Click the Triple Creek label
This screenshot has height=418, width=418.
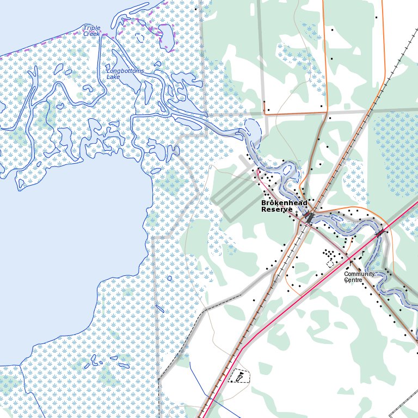point(92,30)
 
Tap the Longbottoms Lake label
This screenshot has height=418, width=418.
point(125,74)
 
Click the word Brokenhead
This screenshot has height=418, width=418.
point(284,203)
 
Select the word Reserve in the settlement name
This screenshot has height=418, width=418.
point(276,210)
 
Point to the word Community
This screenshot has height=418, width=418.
point(359,274)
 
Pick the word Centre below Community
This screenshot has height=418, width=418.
point(353,280)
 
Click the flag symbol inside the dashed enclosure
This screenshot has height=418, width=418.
point(239,376)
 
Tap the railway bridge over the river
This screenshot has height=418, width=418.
point(309,217)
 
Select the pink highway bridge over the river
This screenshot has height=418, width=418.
point(380,233)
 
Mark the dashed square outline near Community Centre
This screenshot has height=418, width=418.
point(330,264)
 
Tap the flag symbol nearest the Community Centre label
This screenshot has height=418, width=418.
point(363,254)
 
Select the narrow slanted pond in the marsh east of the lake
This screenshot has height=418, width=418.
point(159,309)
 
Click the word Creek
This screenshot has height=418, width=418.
point(92,34)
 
